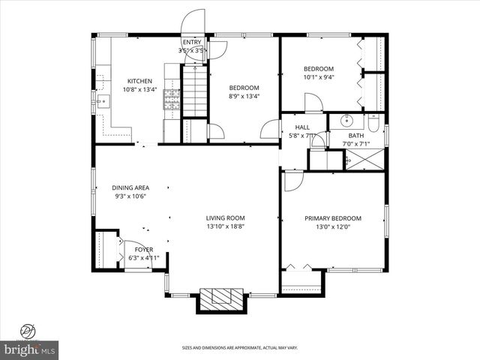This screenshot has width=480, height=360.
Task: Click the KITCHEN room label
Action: [139, 81]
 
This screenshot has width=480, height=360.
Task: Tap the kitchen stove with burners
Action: [172, 100]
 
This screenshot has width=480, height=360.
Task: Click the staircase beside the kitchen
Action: [194, 89]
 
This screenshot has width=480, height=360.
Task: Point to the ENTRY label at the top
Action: [191, 42]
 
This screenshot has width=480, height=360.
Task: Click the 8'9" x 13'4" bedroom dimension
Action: [244, 96]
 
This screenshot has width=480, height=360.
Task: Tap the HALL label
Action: [302, 127]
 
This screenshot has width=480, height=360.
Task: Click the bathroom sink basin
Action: [346, 120]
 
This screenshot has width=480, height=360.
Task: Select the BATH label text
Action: [355, 136]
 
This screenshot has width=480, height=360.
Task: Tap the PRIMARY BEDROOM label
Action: [332, 218]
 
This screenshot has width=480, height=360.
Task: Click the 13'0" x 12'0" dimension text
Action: [332, 226]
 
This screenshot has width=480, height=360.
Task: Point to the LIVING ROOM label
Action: [226, 218]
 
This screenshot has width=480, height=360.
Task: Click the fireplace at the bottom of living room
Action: [222, 299]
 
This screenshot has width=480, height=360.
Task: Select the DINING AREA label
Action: [129, 187]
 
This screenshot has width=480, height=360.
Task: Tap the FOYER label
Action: [143, 249]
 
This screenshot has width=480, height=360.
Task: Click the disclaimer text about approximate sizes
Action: [240, 348]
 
